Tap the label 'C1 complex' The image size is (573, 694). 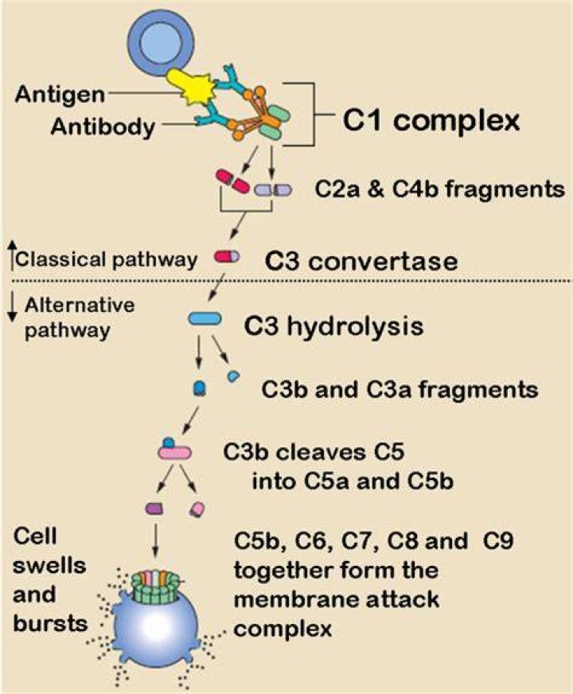point(431,120)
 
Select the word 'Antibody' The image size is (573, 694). point(103,127)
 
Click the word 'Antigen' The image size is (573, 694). point(60,94)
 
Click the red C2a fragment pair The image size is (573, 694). point(232,181)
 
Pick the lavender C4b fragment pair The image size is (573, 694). point(273,190)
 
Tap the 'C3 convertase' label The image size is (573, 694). point(361,261)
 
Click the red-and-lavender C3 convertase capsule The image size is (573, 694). point(227,256)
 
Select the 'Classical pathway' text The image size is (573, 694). point(107,259)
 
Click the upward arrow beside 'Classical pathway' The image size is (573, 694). point(13,255)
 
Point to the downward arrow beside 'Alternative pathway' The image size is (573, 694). point(13,308)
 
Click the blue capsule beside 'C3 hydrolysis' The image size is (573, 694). point(205,318)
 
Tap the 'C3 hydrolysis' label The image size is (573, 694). point(333,326)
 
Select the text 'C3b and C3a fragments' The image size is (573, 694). point(400,390)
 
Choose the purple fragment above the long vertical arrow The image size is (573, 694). point(154,509)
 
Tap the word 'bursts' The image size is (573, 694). point(50,622)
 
